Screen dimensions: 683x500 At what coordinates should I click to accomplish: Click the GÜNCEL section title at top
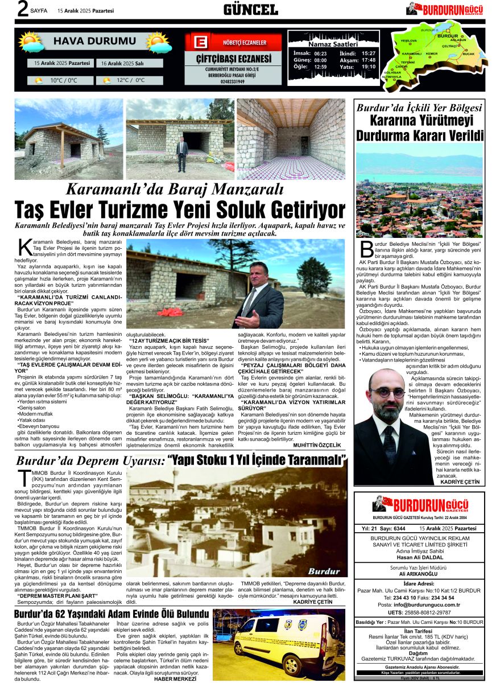tap(250, 9)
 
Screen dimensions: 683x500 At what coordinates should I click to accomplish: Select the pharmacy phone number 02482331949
tap(233, 81)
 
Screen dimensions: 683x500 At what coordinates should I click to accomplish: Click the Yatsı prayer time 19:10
tap(369, 67)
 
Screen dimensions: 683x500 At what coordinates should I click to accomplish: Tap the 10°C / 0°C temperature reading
tap(63, 80)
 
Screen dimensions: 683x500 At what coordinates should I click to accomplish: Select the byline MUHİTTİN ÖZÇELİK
tap(317, 445)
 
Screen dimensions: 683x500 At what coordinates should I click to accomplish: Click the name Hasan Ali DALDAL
tap(420, 557)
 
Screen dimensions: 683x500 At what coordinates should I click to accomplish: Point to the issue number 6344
tap(399, 529)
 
